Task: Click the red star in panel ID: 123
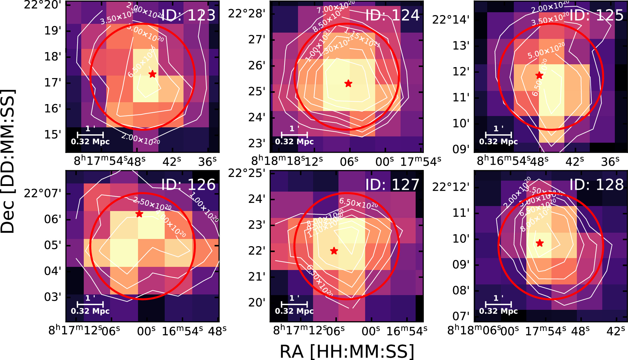(x=152, y=74)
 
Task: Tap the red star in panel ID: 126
(x=139, y=214)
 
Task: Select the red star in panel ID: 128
(x=540, y=243)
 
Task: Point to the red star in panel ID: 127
(x=334, y=251)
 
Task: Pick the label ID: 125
(x=596, y=15)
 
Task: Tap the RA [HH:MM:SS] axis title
(x=346, y=351)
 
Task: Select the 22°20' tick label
(x=43, y=5)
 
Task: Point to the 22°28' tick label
(x=247, y=14)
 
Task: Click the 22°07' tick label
(x=43, y=193)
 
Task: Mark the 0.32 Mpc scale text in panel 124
(x=294, y=142)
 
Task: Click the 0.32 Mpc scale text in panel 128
(x=498, y=311)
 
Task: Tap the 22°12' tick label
(x=451, y=187)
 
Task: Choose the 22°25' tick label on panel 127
(x=247, y=173)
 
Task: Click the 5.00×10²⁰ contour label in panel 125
(x=546, y=50)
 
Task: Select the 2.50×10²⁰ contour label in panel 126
(x=152, y=204)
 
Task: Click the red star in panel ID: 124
(x=348, y=84)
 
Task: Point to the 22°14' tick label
(x=451, y=20)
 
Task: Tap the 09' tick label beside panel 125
(x=461, y=149)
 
